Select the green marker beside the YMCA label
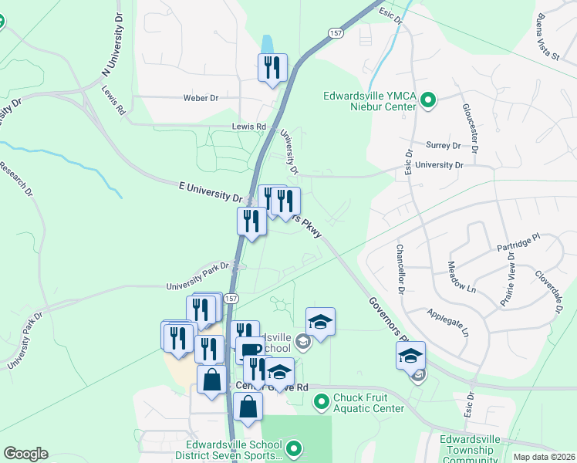429,100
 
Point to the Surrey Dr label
443,144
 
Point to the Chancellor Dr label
400,269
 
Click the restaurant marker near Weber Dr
272,68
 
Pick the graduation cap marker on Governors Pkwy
410,356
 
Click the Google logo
25,454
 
